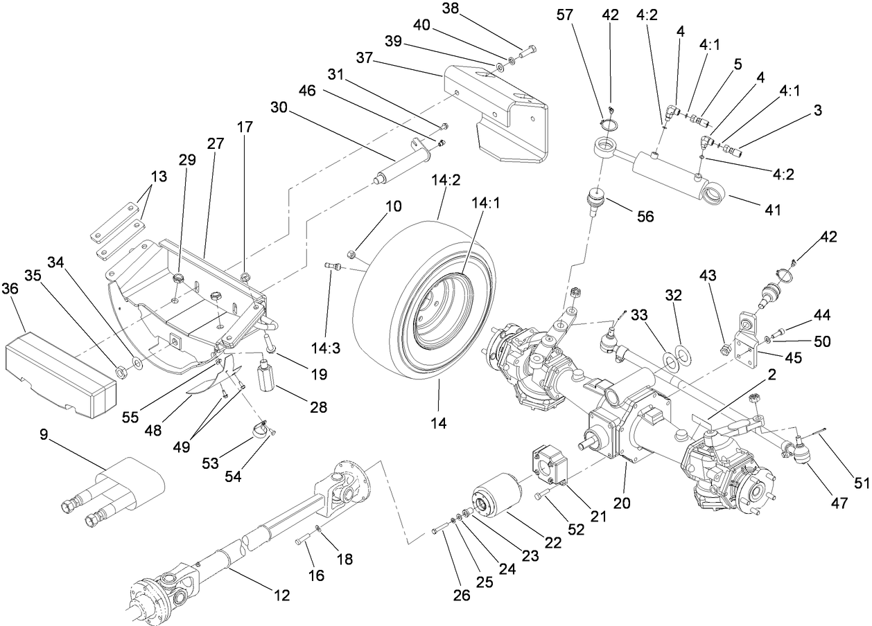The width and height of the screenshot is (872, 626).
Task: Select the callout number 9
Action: pyautogui.click(x=44, y=436)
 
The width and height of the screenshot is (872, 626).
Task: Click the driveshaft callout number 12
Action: pyautogui.click(x=281, y=594)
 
